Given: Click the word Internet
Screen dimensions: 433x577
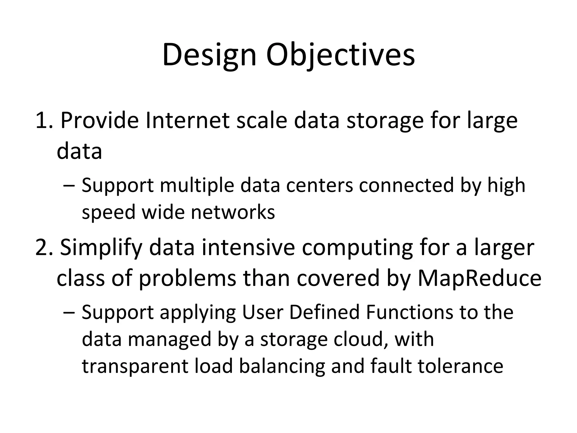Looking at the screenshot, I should [x=188, y=121].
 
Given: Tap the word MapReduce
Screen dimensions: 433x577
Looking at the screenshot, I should [x=479, y=279].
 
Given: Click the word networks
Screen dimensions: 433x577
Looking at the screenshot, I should [x=233, y=212].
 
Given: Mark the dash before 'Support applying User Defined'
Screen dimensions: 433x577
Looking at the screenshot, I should [x=69, y=313].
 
